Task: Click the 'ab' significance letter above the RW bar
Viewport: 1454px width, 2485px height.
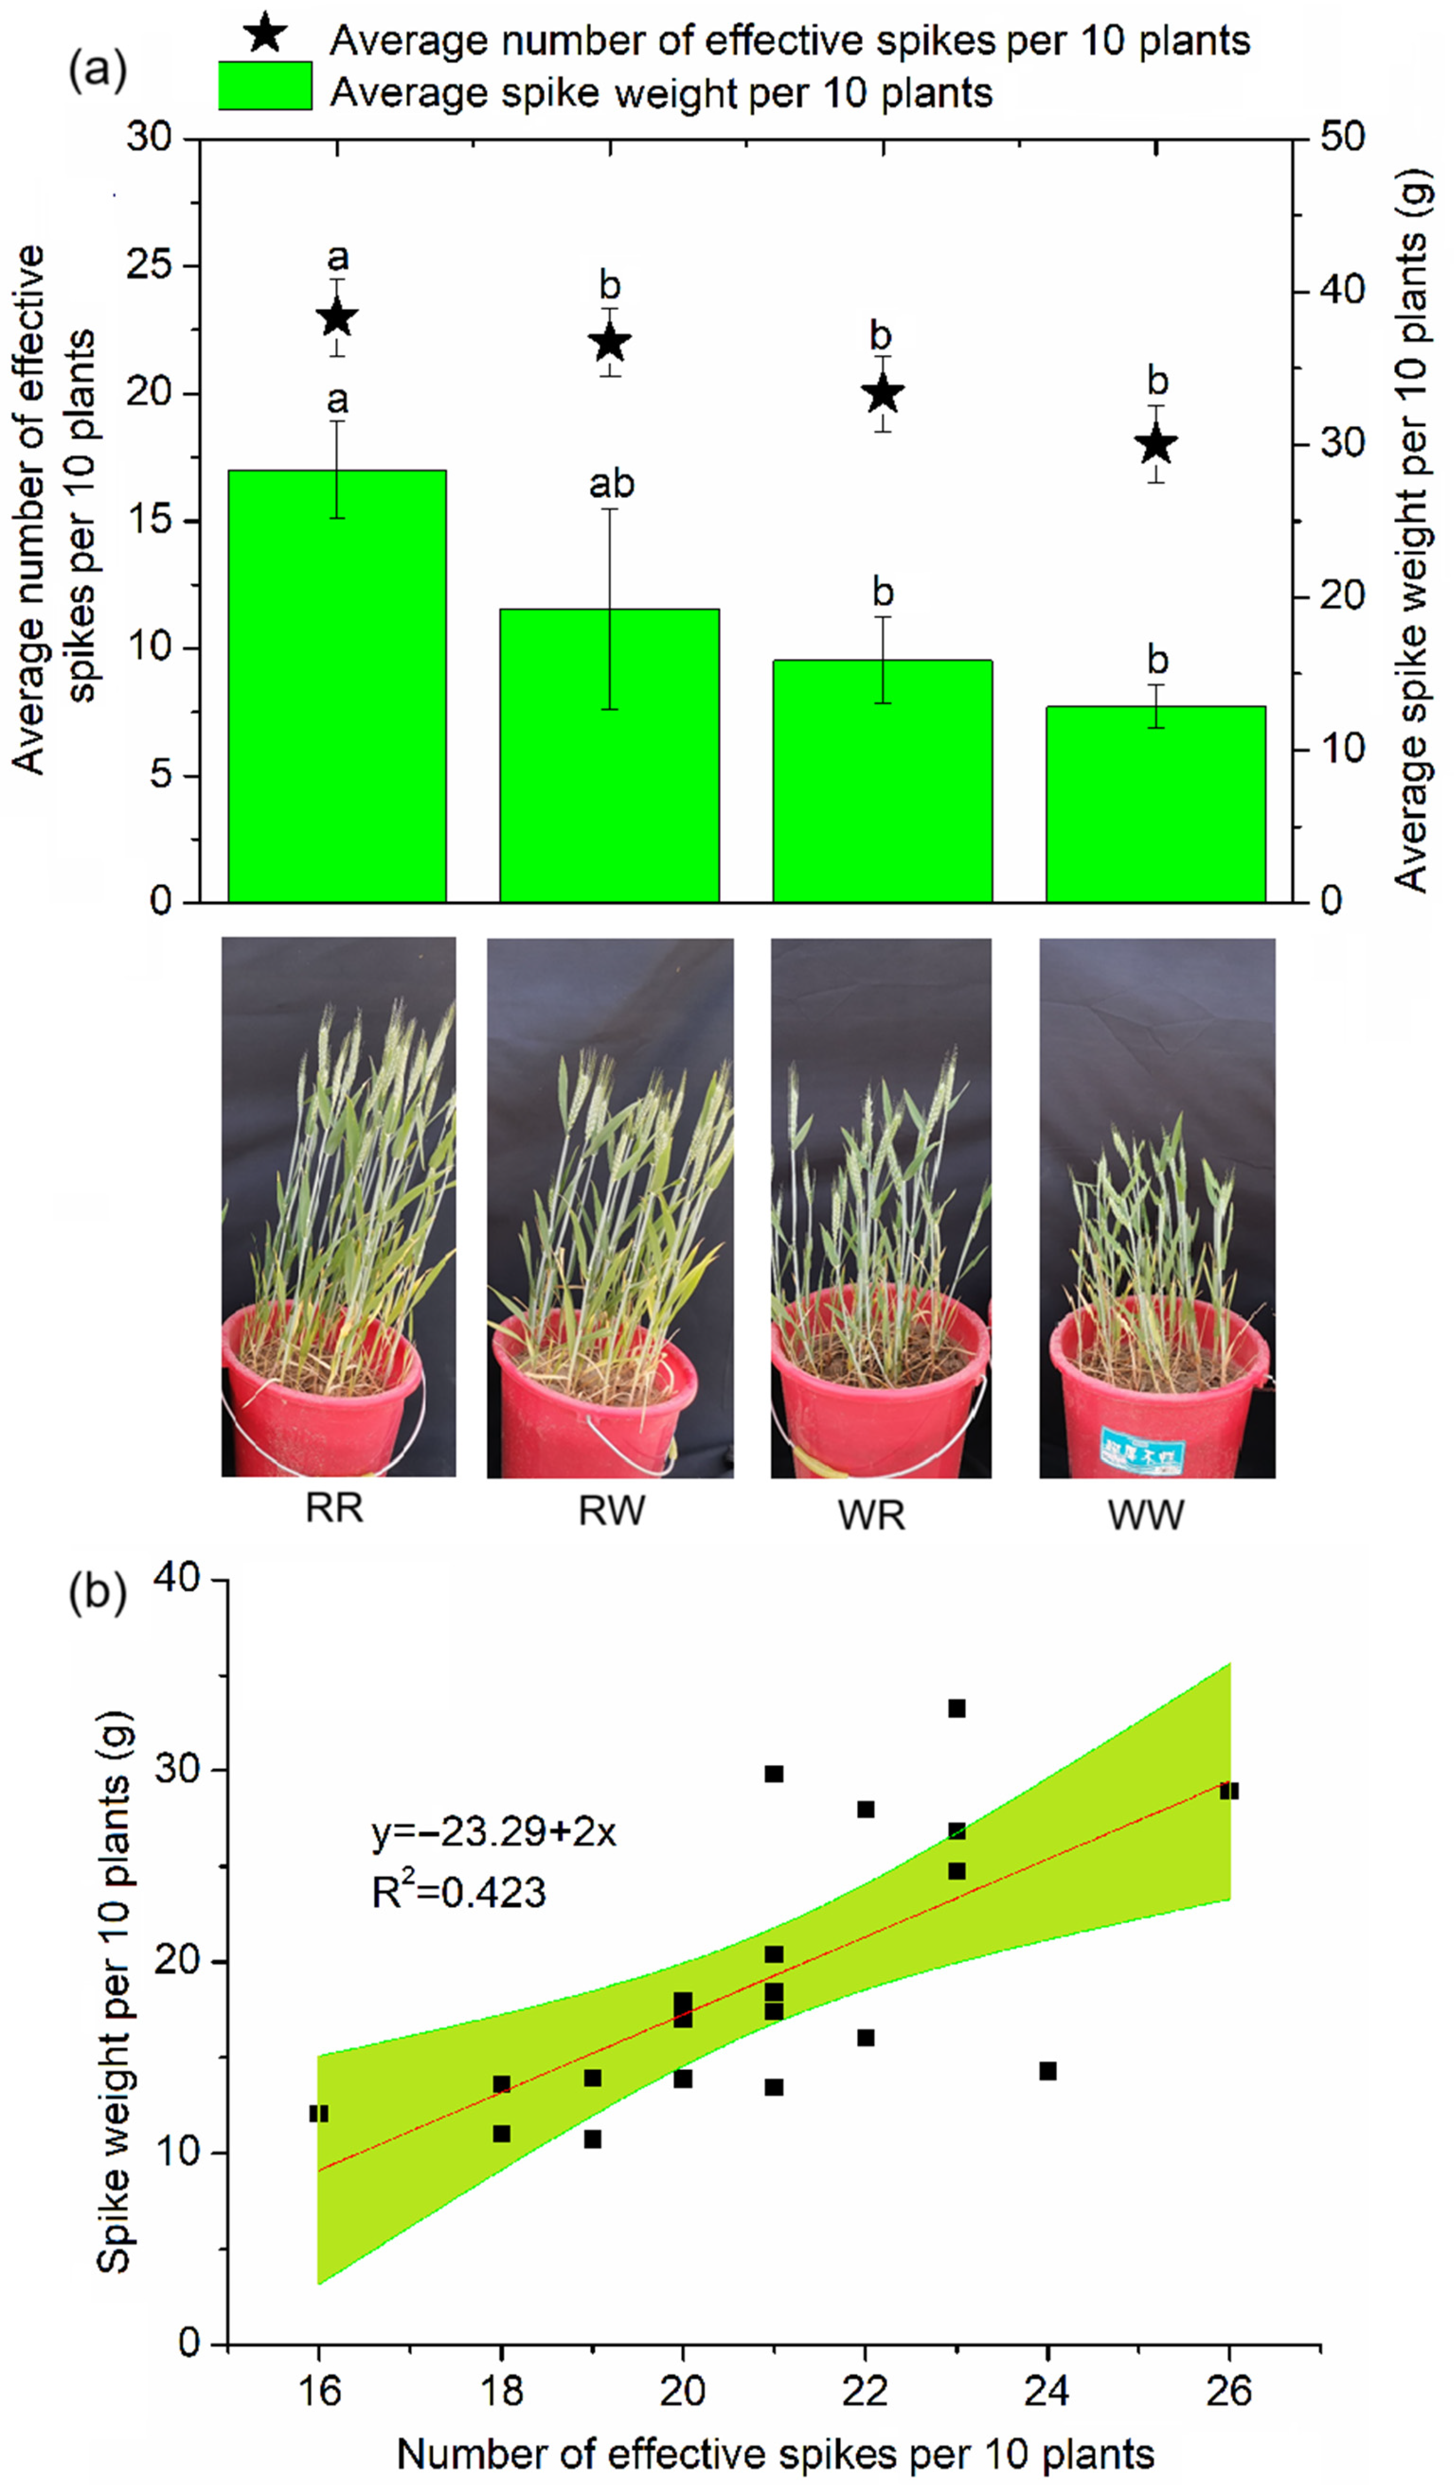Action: click(611, 484)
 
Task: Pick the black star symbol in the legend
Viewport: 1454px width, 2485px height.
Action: click(264, 36)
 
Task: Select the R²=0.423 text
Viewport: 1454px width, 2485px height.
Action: click(458, 1893)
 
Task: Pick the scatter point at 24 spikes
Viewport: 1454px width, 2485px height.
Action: click(1047, 2071)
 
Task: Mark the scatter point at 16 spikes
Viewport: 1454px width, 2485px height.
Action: click(319, 2113)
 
